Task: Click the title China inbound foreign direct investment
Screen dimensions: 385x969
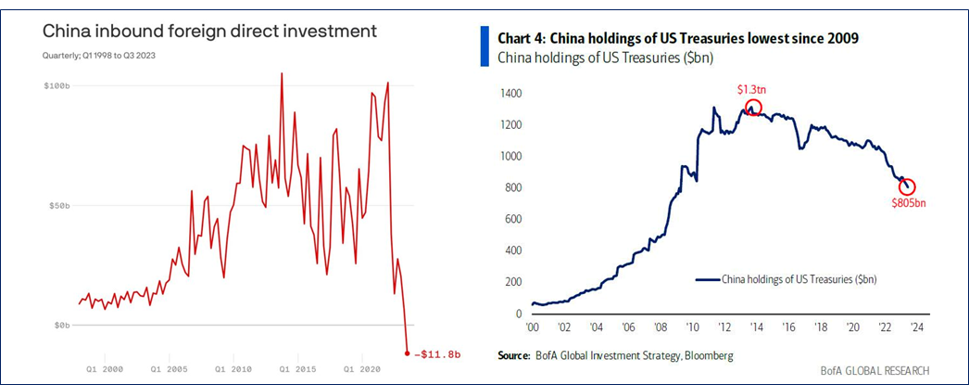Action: (x=209, y=31)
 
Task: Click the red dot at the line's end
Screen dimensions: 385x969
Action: (x=408, y=353)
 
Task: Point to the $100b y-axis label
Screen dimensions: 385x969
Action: (x=57, y=85)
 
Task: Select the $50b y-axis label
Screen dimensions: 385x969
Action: (x=59, y=205)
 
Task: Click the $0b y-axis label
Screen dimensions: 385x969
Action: (x=62, y=325)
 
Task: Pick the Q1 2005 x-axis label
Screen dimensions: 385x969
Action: (x=170, y=368)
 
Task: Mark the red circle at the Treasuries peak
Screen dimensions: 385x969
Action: (x=753, y=108)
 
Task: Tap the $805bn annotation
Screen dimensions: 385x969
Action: (x=908, y=203)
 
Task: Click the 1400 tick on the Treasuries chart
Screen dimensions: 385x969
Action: (x=510, y=94)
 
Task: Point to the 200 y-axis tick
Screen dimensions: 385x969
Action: (x=512, y=282)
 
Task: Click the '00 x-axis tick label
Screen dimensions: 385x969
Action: (x=533, y=327)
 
